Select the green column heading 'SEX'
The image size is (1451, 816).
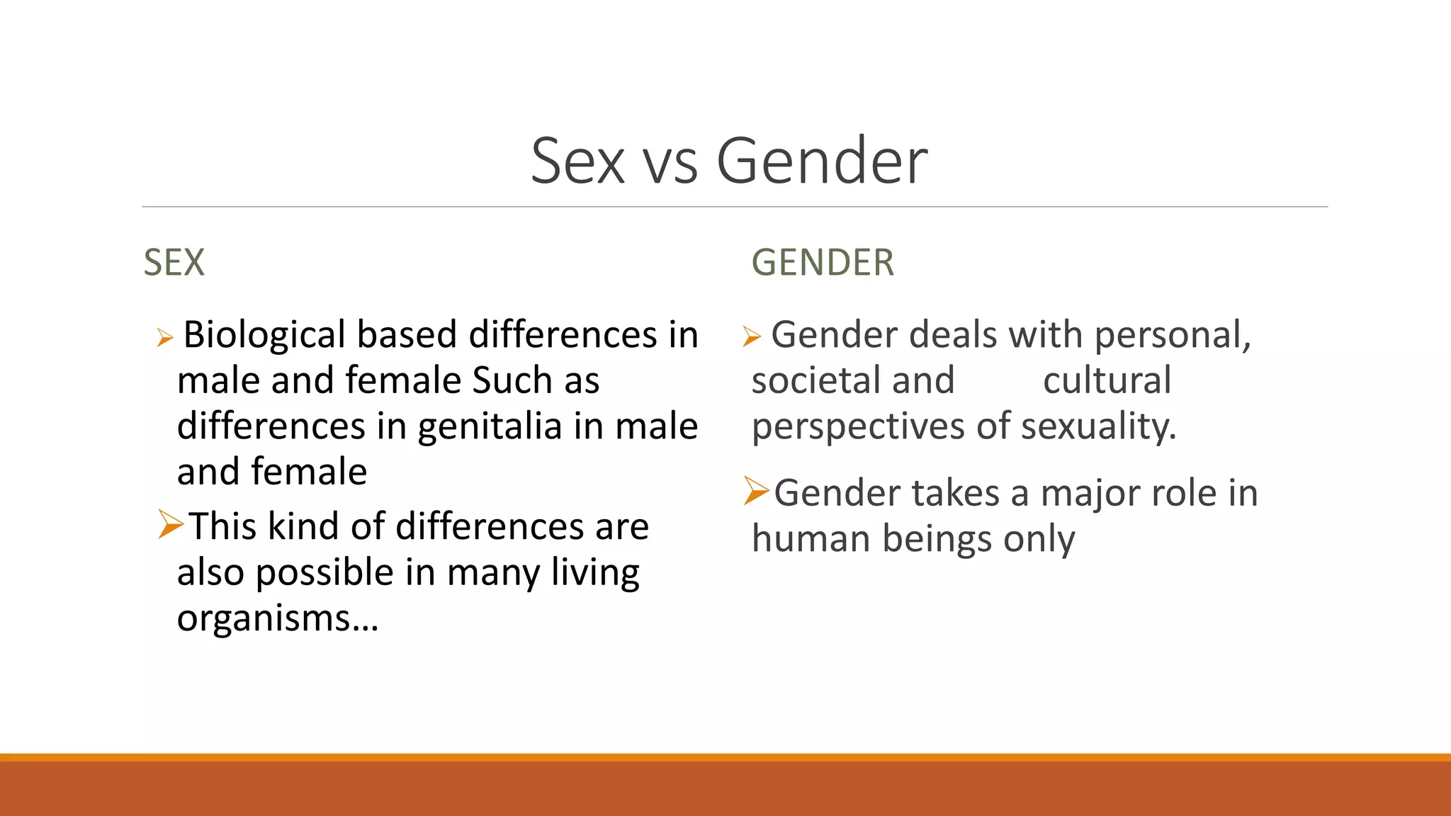tap(174, 262)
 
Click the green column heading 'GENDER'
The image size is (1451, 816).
tap(823, 262)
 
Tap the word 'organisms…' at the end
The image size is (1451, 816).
tap(278, 618)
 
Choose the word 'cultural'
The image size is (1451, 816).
tap(1107, 380)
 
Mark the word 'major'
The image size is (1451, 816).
tap(1091, 494)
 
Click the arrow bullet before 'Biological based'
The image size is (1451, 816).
tap(164, 337)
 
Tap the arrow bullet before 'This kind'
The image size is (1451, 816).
tap(171, 524)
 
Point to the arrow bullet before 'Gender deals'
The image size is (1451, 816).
tap(752, 336)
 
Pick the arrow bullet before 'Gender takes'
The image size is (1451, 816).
tap(756, 491)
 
